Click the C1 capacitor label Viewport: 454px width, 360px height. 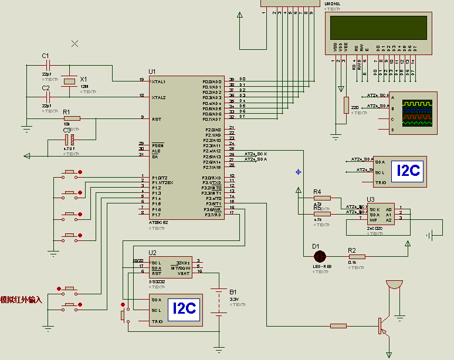[45, 56]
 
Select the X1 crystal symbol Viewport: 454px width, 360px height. [70, 81]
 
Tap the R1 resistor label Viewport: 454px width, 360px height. [66, 111]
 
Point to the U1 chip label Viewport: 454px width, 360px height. [153, 72]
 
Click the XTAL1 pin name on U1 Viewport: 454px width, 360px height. [158, 81]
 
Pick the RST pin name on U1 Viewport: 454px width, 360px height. [156, 119]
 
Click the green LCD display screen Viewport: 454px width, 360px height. [378, 28]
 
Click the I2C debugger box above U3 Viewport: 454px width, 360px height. [408, 171]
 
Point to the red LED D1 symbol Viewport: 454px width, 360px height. [320, 256]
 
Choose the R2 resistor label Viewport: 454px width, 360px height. [352, 250]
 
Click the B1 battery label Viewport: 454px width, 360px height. [233, 291]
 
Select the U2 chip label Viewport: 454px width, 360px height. [153, 253]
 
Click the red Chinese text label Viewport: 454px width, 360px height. [21, 300]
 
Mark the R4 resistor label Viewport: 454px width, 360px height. [317, 192]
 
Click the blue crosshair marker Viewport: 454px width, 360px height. [299, 172]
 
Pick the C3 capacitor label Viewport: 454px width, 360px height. [66, 139]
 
